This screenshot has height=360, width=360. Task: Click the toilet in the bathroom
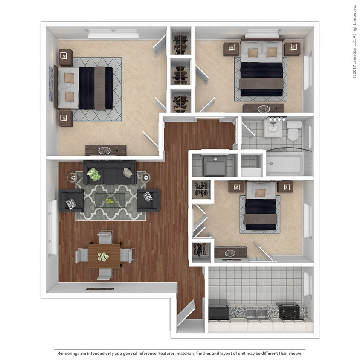click(x=293, y=131)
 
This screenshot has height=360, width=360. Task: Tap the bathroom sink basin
click(x=272, y=128)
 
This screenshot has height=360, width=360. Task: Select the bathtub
click(x=285, y=164)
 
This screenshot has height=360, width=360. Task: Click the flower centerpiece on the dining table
click(x=103, y=256)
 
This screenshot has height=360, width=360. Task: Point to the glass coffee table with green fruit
click(x=110, y=199)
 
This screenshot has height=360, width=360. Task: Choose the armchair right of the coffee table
click(x=148, y=200)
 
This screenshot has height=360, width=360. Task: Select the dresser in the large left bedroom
click(x=105, y=150)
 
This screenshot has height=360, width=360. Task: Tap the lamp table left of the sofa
click(x=72, y=177)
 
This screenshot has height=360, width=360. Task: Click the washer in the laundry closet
click(x=214, y=166)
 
